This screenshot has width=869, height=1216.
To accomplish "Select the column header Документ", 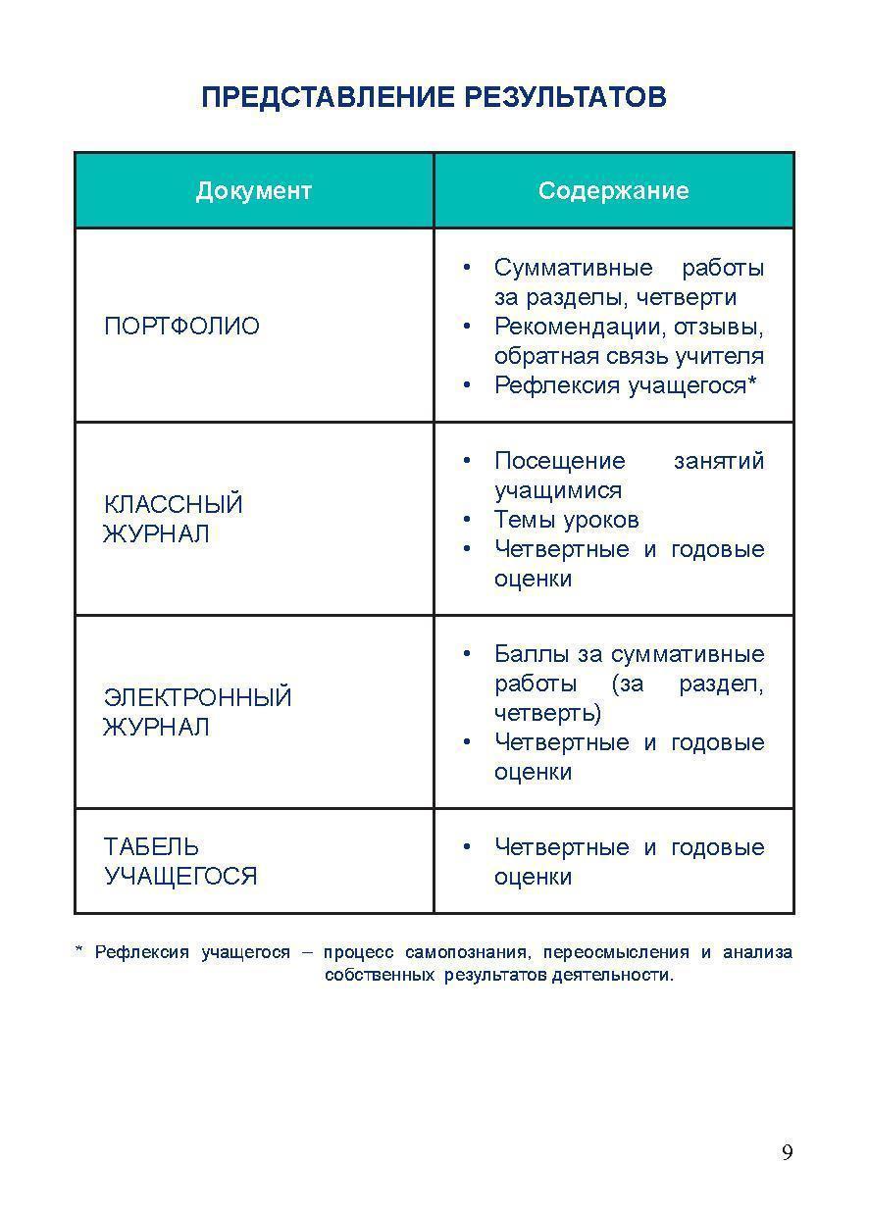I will pos(254,190).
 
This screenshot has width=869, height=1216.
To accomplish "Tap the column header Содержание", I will pos(613,190).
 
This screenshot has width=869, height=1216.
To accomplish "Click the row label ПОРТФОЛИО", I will pos(181,326).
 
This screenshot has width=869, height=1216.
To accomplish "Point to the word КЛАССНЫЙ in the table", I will pos(173,504).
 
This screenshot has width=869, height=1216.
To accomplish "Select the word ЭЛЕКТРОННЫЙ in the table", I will pos(197,697).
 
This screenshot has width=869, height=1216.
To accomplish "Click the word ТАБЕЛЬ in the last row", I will pos(151,846).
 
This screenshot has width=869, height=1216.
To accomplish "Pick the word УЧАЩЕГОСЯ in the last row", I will pos(180,876).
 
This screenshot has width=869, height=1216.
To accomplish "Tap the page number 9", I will pos(787,1152).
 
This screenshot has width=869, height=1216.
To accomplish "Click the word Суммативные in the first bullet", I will pos(574,268).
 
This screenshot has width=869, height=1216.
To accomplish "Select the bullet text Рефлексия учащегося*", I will pos(626,385).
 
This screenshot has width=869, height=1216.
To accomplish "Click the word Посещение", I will pos(559,461).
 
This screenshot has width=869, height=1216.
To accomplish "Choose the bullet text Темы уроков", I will pos(566,520).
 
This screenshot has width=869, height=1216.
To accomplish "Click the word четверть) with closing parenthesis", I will pos(547,713).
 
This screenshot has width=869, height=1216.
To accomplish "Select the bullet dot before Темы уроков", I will pos(468,520).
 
